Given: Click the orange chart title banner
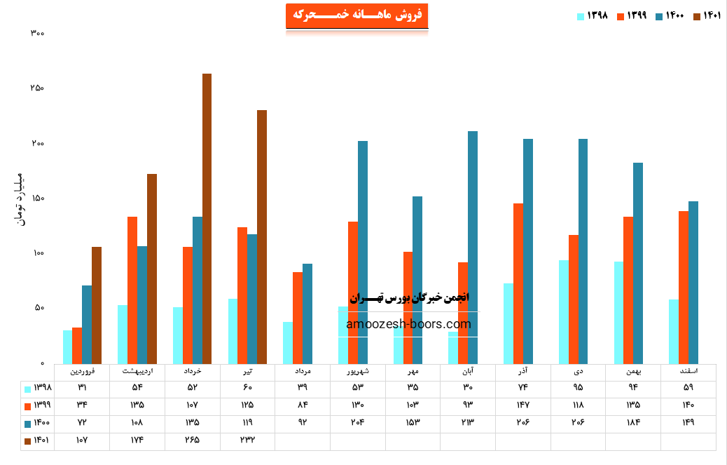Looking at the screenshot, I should (x=356, y=15).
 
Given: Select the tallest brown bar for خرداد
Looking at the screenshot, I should (x=207, y=217).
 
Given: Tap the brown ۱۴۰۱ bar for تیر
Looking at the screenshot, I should (x=262, y=236).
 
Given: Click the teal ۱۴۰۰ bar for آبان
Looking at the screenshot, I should (x=473, y=247).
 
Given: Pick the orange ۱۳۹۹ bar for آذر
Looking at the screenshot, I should (x=518, y=283).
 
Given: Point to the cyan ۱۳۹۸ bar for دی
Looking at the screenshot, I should (x=564, y=311).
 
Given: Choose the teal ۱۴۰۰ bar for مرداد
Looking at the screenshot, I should (x=307, y=314).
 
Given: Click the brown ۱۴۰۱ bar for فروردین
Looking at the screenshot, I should (x=97, y=305).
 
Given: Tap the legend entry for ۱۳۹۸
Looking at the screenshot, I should (x=592, y=16).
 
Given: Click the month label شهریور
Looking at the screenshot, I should (x=357, y=370).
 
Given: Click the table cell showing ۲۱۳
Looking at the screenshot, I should (x=467, y=423).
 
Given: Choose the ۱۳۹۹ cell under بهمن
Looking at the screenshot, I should (x=632, y=405).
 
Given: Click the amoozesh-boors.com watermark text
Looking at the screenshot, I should (x=408, y=324).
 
